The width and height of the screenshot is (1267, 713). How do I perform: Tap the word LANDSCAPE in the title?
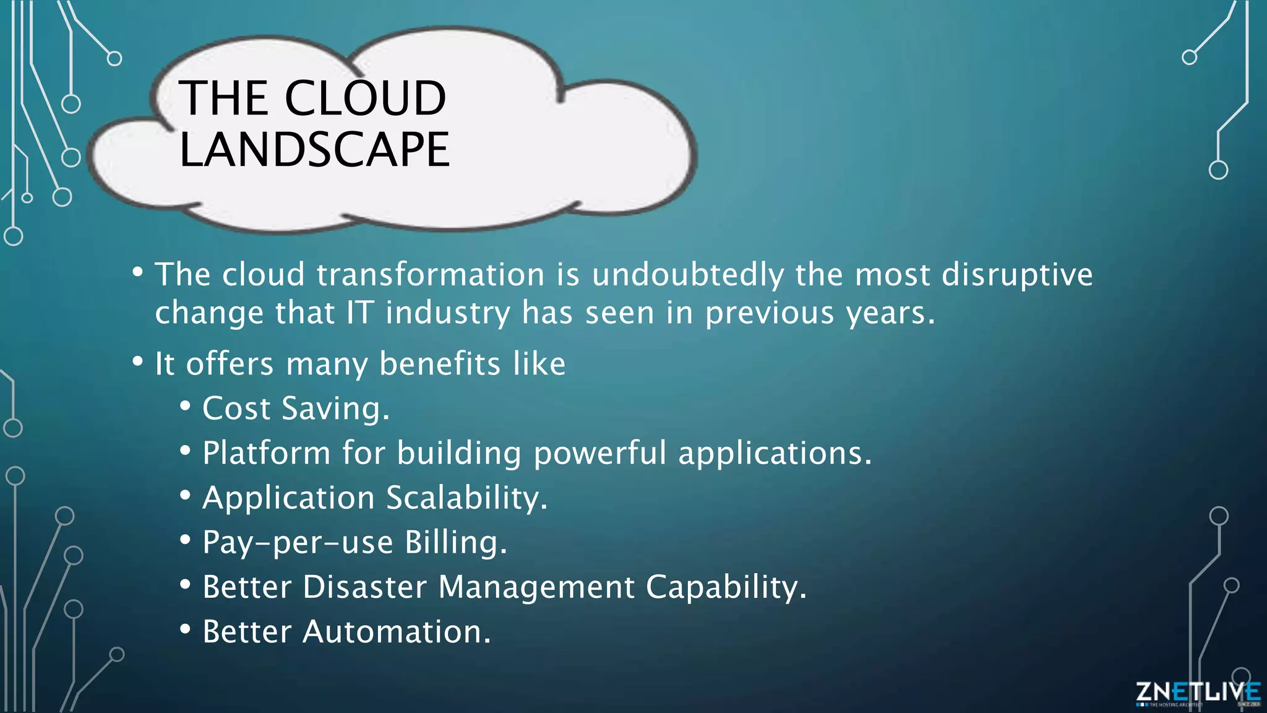click(x=314, y=150)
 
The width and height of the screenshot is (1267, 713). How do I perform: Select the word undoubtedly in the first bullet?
click(x=687, y=275)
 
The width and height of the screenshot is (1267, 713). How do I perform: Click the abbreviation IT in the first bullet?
click(x=359, y=313)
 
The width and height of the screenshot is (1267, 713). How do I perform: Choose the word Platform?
click(x=267, y=454)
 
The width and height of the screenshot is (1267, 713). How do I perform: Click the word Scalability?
click(x=467, y=498)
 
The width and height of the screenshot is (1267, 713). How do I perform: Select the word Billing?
click(x=456, y=543)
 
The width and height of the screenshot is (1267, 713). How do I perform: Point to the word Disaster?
click(x=365, y=587)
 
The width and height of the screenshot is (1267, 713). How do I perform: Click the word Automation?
click(x=396, y=632)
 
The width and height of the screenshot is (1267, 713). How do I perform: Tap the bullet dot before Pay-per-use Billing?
click(x=185, y=540)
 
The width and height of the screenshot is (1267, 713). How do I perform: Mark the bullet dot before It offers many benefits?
click(x=137, y=361)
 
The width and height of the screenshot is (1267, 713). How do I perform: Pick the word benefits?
click(x=439, y=364)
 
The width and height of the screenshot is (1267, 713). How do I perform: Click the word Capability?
click(x=726, y=587)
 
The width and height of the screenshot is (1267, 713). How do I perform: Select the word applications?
click(x=775, y=454)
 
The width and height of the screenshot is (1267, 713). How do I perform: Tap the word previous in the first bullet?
click(x=770, y=313)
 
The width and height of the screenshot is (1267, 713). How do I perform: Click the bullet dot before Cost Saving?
click(x=185, y=407)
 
